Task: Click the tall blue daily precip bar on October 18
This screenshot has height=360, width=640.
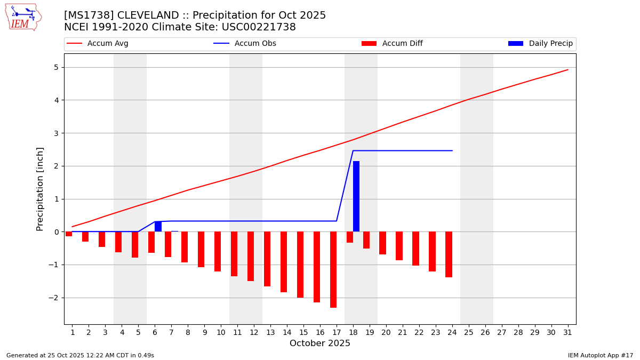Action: pyautogui.click(x=356, y=196)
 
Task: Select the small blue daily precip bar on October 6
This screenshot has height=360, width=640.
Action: pyautogui.click(x=158, y=227)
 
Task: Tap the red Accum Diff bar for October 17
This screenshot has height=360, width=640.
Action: pyautogui.click(x=333, y=269)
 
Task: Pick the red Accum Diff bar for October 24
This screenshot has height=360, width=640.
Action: pyautogui.click(x=449, y=254)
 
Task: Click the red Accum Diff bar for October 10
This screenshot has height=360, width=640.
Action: pyautogui.click(x=218, y=251)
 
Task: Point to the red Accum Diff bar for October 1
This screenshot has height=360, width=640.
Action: pyautogui.click(x=69, y=234)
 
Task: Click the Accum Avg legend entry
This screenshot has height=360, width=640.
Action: pyautogui.click(x=98, y=44)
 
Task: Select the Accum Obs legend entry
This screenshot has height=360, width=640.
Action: pyautogui.click(x=245, y=44)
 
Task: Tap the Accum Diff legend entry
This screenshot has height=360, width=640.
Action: pyautogui.click(x=392, y=44)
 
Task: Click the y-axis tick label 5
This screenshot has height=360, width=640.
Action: pyautogui.click(x=55, y=67)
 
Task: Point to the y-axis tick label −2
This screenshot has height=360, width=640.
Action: pyautogui.click(x=53, y=298)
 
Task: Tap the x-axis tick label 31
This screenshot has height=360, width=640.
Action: pyautogui.click(x=567, y=332)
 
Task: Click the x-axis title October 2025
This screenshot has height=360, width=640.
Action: pyautogui.click(x=320, y=343)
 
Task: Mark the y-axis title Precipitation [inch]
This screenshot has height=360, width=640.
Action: pyautogui.click(x=40, y=189)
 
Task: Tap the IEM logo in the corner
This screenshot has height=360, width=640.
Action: pyautogui.click(x=23, y=17)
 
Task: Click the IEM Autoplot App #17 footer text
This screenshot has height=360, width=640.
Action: pyautogui.click(x=601, y=355)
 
